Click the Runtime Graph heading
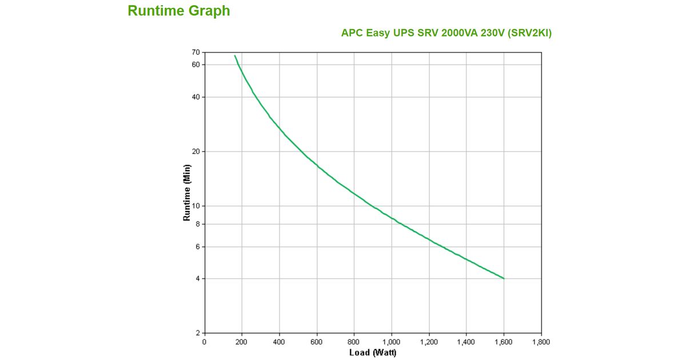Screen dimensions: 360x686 pos(178,11)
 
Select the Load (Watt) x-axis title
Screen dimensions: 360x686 pos(373,353)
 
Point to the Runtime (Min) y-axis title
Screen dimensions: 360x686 pos(186,193)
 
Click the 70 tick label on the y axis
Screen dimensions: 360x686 pos(196,53)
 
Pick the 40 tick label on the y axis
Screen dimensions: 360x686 pos(196,97)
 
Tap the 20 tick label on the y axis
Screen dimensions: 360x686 pos(196,151)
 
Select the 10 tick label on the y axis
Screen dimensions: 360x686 pos(196,206)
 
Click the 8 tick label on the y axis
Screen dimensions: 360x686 pos(198,224)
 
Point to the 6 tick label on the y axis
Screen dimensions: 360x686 pos(198,247)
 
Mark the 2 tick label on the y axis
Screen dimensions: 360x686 pos(198,333)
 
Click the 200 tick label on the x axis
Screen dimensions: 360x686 pos(242,342)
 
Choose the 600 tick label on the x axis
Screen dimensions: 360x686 pos(317,342)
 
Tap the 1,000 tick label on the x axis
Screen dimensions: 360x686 pos(391,342)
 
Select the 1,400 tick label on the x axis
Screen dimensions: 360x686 pos(466,342)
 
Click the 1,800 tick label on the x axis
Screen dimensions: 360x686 pos(541,342)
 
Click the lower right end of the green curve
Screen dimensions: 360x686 pos(504,278)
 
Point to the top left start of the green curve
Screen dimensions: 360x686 pos(234,55)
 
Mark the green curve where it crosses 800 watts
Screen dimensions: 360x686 pos(354,193)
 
